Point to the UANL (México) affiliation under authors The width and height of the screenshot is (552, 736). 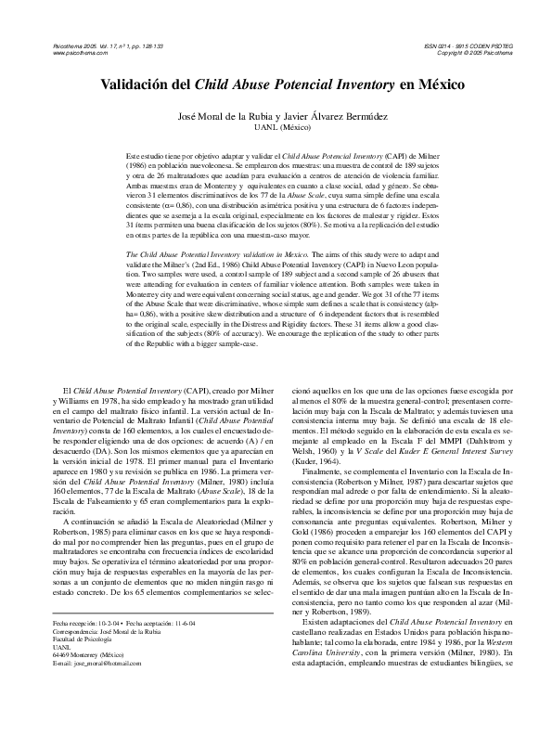point(276,128)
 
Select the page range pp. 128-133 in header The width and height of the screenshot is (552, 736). point(144,45)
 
